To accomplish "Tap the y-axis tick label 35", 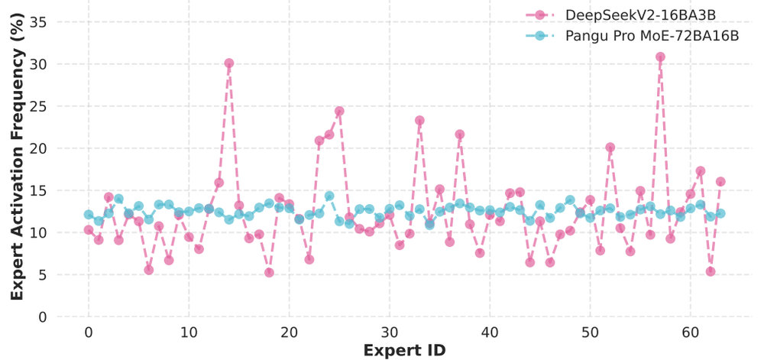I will pyautogui.click(x=37, y=22).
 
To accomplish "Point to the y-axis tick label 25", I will pyautogui.click(x=37, y=106).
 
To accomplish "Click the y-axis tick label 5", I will pyautogui.click(x=41, y=274).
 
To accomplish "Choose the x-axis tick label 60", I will pyautogui.click(x=690, y=333).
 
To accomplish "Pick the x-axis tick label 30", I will pyautogui.click(x=389, y=333).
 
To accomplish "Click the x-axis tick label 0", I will pyautogui.click(x=89, y=333).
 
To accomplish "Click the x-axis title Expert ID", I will pyautogui.click(x=405, y=350).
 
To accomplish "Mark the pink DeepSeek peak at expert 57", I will pyautogui.click(x=660, y=57).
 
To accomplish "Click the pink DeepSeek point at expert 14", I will pyautogui.click(x=229, y=63).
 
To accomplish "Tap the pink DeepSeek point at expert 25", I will pyautogui.click(x=339, y=111).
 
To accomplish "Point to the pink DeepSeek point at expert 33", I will pyautogui.click(x=419, y=120).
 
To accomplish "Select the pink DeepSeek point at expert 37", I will pyautogui.click(x=460, y=134).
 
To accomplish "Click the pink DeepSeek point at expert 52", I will pyautogui.click(x=610, y=147).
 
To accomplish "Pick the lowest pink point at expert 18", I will pyautogui.click(x=269, y=272).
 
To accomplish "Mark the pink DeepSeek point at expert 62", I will pyautogui.click(x=711, y=271).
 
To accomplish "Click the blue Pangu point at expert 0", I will pyautogui.click(x=89, y=215).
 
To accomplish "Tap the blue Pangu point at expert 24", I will pyautogui.click(x=329, y=196).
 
